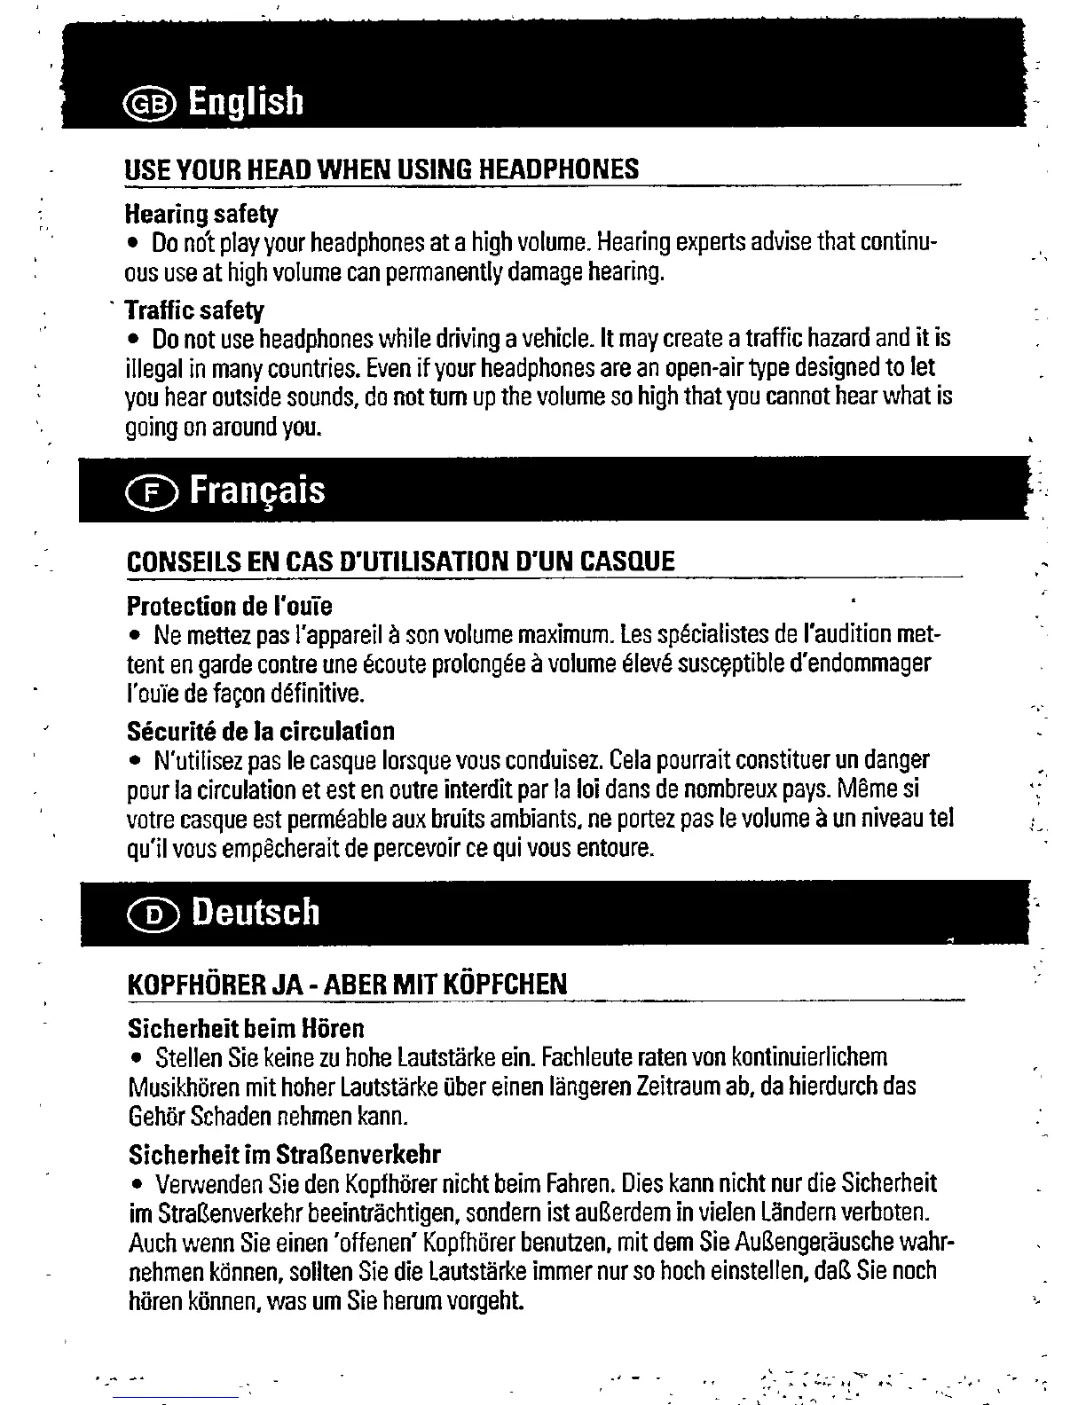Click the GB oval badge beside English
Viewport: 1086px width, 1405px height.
coord(153,104)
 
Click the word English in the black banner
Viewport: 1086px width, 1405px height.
coord(247,102)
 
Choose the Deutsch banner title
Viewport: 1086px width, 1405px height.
coord(256,912)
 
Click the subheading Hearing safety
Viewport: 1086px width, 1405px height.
coord(201,214)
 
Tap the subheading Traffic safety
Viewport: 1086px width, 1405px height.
coord(194,310)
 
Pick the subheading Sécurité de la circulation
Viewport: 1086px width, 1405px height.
coord(261,732)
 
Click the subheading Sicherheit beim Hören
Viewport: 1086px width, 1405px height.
coord(246,1029)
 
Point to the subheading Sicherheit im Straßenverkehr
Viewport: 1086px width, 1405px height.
coord(285,1155)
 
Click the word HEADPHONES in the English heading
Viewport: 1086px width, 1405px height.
coord(558,169)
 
